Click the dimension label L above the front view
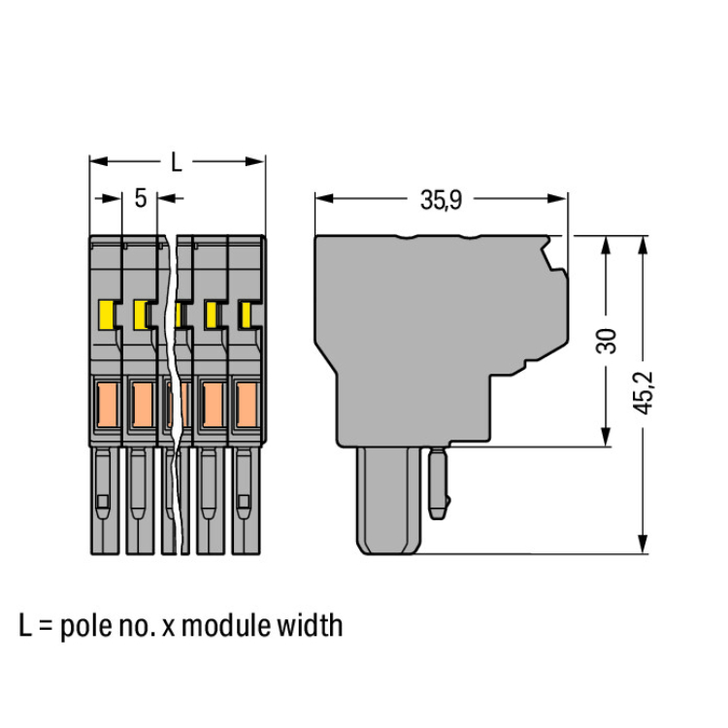[x=175, y=163]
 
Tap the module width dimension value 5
[x=141, y=199]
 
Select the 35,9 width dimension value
[x=440, y=200]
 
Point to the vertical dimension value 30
[x=607, y=341]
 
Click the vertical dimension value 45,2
[x=642, y=391]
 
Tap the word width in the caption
[x=314, y=625]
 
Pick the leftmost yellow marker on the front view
[x=107, y=314]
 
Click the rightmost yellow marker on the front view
[x=247, y=314]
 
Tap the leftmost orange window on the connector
[x=106, y=406]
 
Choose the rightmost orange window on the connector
[x=245, y=406]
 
